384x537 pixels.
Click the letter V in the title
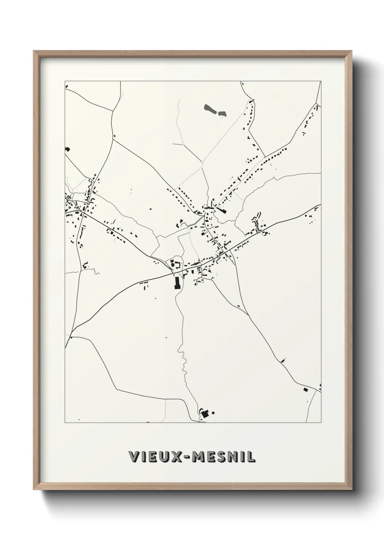pos(134,457)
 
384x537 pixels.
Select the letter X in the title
pos(177,457)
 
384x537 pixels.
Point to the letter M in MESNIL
pos(201,457)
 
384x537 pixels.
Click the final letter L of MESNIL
pos(250,457)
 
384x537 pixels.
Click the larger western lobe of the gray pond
pos(209,108)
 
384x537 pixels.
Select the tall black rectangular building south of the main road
pos(177,282)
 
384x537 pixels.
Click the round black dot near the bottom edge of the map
pos(213,412)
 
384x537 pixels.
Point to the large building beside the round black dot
pos(205,413)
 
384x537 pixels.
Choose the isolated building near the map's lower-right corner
pos(305,389)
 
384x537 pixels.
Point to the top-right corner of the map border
pos(321,81)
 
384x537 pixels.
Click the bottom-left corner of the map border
pos(65,422)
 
